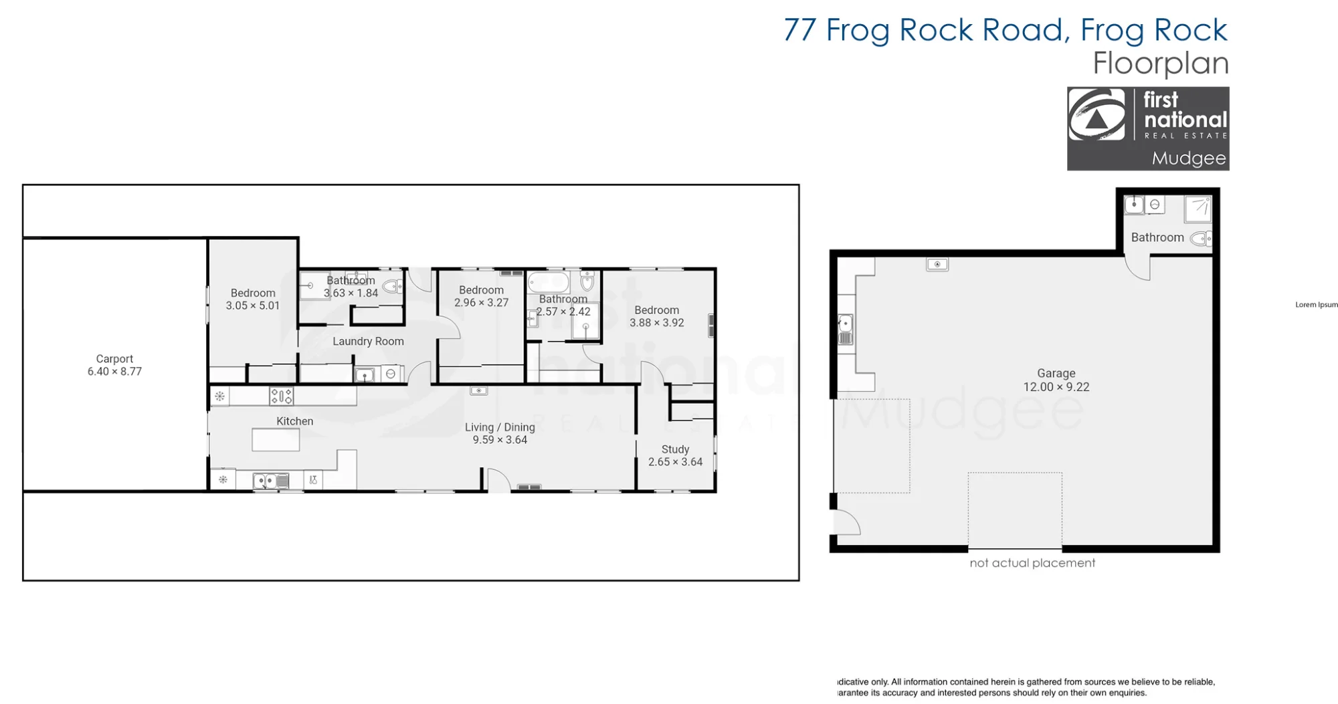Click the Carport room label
[114, 359]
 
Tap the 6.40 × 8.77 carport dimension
[114, 372]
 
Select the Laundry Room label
[368, 342]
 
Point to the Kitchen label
[295, 421]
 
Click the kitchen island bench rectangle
[276, 440]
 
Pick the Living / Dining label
[500, 427]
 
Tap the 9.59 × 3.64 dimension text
[500, 440]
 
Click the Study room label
[675, 449]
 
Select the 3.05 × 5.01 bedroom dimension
[253, 306]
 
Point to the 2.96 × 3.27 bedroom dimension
[482, 303]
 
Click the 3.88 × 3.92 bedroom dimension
[657, 323]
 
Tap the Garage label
[1056, 373]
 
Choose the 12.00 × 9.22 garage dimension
[1056, 387]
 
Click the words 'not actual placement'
[1032, 563]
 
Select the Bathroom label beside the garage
[1157, 237]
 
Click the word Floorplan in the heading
[1161, 64]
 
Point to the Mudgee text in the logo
[1189, 158]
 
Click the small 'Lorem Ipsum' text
[1317, 305]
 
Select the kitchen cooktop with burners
[281, 396]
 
